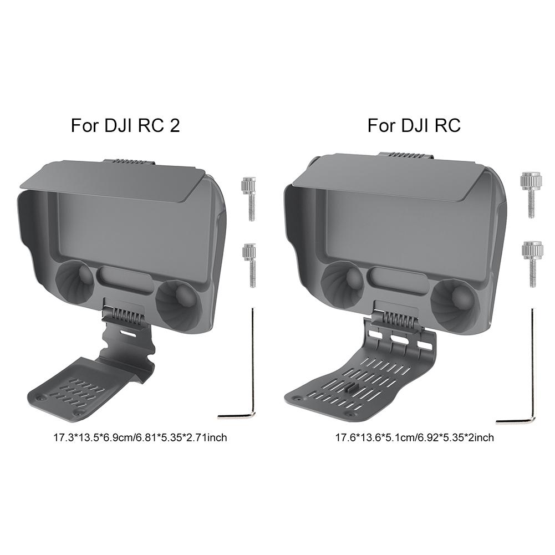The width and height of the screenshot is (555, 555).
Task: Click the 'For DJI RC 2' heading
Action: [x=126, y=125]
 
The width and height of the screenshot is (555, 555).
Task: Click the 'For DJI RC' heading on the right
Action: [x=414, y=125]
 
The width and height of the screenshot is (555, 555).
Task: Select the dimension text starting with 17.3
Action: [x=140, y=437]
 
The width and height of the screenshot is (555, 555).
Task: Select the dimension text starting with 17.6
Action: [x=414, y=437]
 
